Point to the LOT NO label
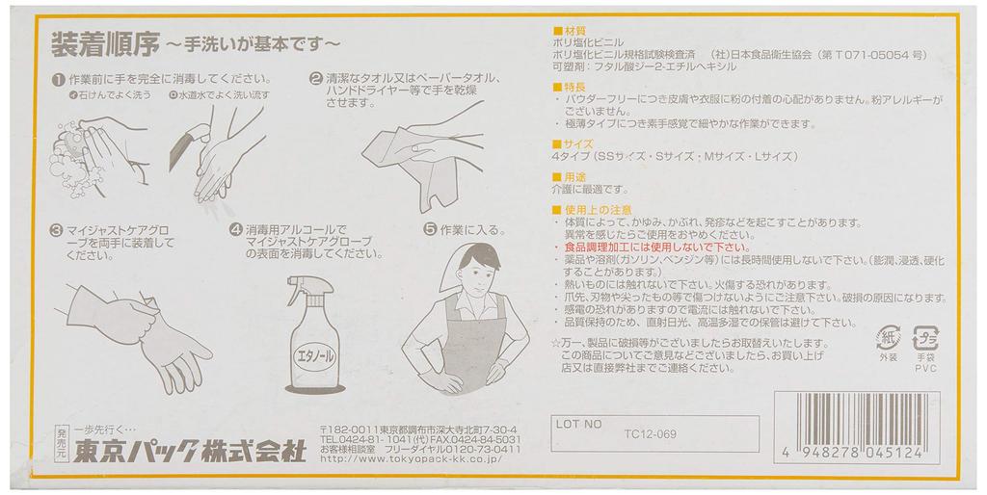pos(578,423)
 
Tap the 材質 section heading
pos(569,30)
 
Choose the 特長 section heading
pos(569,87)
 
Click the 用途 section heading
pos(569,177)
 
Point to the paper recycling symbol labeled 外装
pos(887,338)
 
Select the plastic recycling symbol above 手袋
pos(926,339)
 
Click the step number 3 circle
pos(57,231)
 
